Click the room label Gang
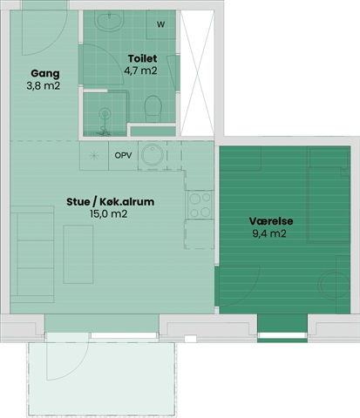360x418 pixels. coord(45,74)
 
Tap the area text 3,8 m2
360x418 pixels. coord(44,86)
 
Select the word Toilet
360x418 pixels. coord(142,58)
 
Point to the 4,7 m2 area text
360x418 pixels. coord(140,71)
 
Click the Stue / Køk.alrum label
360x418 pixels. coord(111,202)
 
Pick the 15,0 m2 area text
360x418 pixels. coord(109,214)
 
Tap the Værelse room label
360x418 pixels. coord(271,221)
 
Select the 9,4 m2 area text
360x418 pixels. coord(269,233)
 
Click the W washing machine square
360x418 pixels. coord(161,24)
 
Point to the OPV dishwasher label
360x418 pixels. coord(123,155)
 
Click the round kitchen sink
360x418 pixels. coord(153,154)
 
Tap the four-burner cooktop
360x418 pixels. coord(200,205)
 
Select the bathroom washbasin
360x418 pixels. coord(110,20)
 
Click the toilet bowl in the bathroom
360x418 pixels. coord(153,109)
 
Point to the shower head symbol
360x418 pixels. coord(105,113)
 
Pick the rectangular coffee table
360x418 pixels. coord(78,254)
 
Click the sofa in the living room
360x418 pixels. coord(32,254)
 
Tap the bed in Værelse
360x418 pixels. coord(329,195)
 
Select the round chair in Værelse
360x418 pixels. coord(334,285)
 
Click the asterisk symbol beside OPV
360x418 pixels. coord(94,156)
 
